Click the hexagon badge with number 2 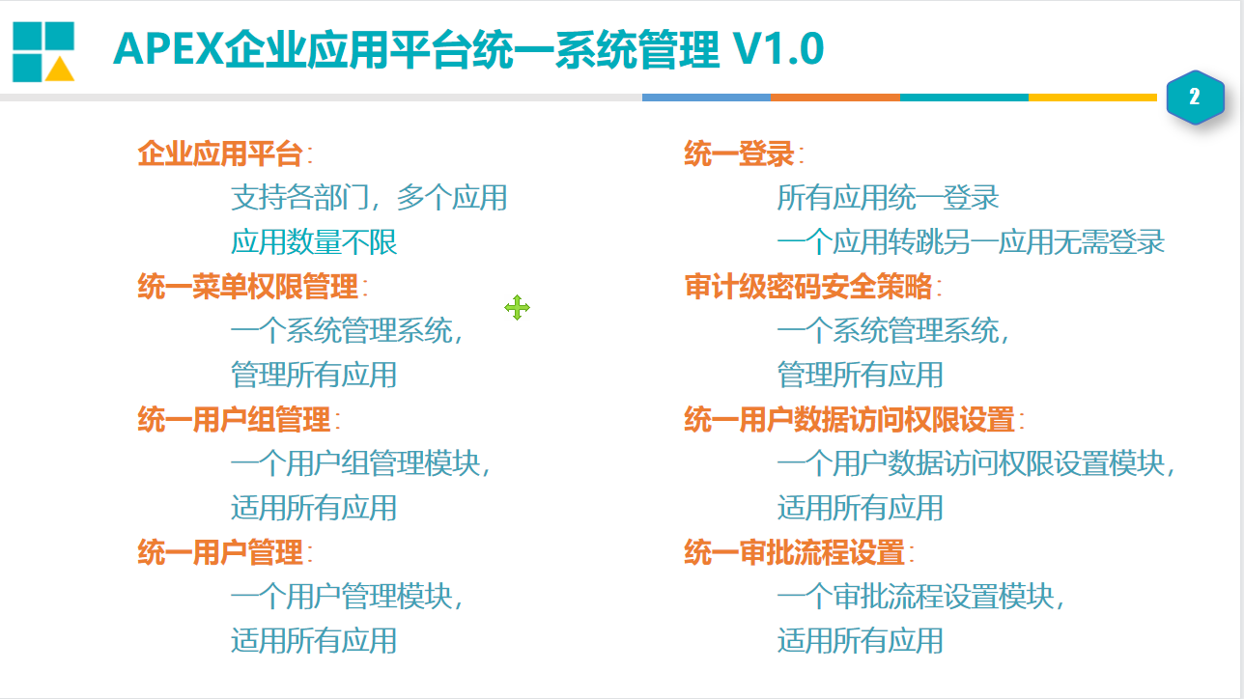[x=1195, y=98]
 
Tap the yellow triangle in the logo [x=60, y=70]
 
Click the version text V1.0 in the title [x=778, y=49]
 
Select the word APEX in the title [x=168, y=49]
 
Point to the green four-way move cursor [x=517, y=308]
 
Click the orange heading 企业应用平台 [x=220, y=154]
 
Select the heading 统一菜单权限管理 [x=247, y=287]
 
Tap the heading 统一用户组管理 [x=234, y=420]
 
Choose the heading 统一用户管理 [x=220, y=553]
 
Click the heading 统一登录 [x=739, y=154]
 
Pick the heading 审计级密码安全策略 [x=808, y=287]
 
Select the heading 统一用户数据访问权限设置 [x=850, y=420]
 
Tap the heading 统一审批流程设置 [x=795, y=553]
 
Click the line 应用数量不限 [x=314, y=242]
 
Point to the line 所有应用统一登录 [x=888, y=198]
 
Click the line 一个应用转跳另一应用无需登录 [x=971, y=242]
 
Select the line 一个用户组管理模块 [x=360, y=463]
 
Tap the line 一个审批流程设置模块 [x=920, y=597]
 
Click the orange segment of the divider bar [x=835, y=98]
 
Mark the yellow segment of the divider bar [x=1093, y=98]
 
